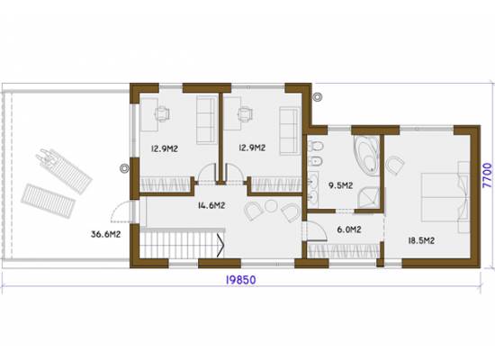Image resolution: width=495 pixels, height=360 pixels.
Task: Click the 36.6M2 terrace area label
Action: (x=105, y=234)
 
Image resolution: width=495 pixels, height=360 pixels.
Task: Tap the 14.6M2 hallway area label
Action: (x=211, y=205)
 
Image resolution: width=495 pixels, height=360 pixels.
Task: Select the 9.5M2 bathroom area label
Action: (x=340, y=185)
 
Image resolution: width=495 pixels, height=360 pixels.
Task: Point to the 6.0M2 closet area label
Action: (x=349, y=229)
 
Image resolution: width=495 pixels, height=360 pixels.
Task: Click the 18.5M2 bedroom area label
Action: (x=421, y=240)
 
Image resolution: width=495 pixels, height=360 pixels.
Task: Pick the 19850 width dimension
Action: (x=240, y=280)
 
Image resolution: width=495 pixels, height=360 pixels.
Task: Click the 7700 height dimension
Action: (x=488, y=175)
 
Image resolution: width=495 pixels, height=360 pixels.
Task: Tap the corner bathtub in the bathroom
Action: (x=367, y=156)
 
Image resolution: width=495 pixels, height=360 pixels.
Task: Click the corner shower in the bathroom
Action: (x=368, y=198)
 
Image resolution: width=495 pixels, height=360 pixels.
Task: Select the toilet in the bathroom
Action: (x=316, y=146)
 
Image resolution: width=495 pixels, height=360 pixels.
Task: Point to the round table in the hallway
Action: (x=271, y=206)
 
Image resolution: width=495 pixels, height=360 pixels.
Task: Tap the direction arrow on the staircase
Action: (x=220, y=244)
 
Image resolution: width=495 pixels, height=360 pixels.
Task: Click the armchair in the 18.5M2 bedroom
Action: (x=394, y=165)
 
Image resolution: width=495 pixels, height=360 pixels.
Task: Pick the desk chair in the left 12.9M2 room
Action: (x=162, y=114)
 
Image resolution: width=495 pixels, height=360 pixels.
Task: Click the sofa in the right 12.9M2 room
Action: (x=289, y=131)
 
